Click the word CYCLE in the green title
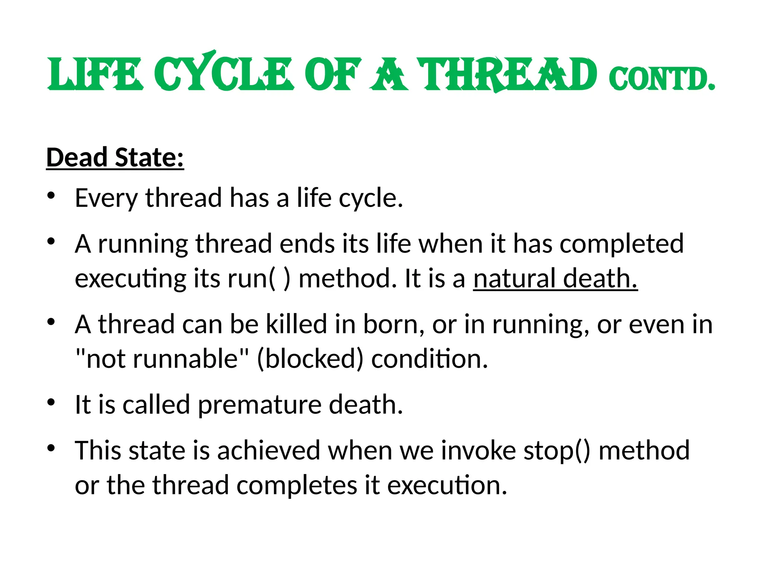(x=223, y=73)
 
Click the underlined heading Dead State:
(x=115, y=157)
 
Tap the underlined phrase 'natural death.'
(x=555, y=278)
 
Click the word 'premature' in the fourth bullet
(x=259, y=405)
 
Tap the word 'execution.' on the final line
(x=447, y=485)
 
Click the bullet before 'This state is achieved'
(x=51, y=448)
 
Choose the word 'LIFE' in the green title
(x=95, y=73)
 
